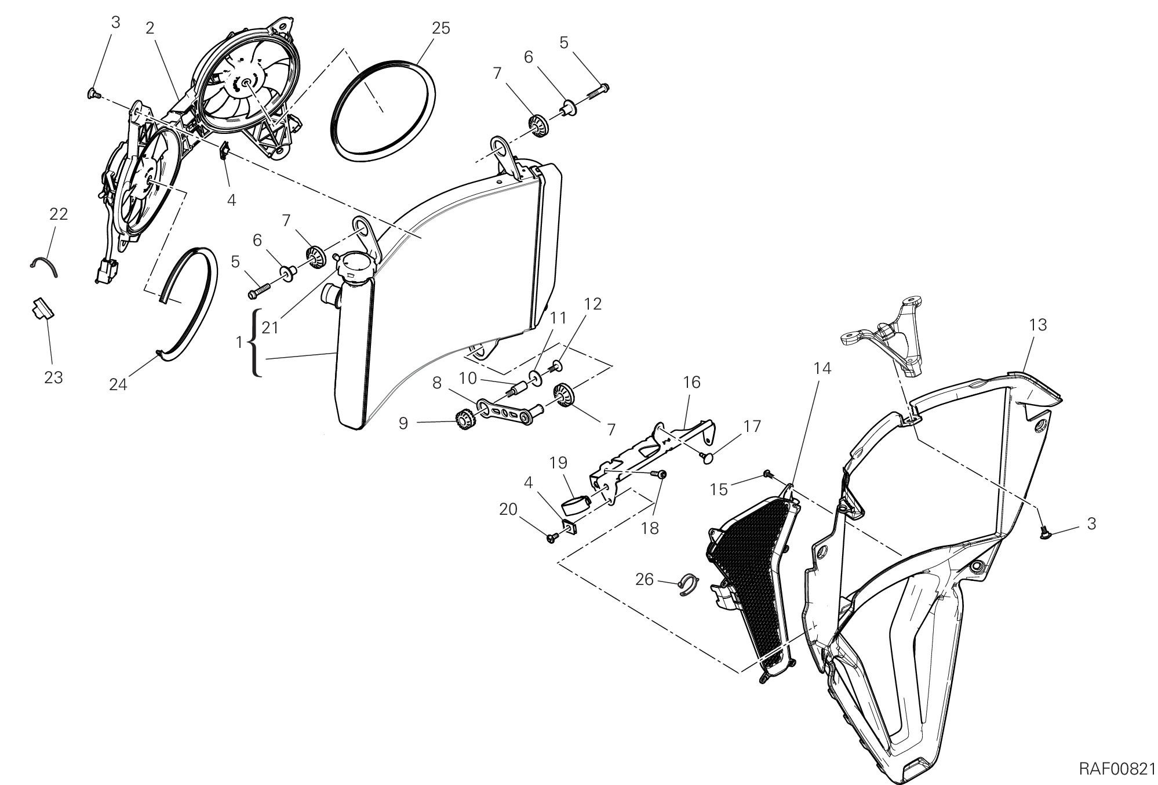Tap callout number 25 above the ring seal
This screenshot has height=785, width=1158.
[440, 28]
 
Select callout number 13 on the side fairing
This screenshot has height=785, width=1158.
[1038, 325]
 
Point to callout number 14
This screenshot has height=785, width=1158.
[822, 368]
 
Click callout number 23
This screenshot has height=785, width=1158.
[53, 378]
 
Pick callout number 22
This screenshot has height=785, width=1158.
[59, 215]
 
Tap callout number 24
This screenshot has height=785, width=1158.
[118, 384]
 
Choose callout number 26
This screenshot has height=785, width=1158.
[644, 579]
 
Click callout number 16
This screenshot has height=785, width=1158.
[691, 383]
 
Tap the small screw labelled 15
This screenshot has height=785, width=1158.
[769, 474]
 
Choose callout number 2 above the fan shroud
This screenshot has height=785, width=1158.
[150, 28]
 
